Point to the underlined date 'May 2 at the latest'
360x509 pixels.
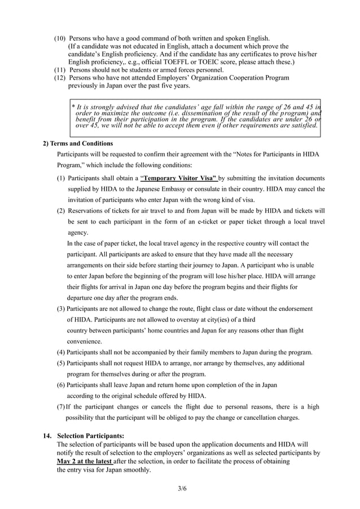[x=81, y=461]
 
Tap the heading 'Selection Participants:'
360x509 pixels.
[x=91, y=436]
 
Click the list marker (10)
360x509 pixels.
[x=60, y=38]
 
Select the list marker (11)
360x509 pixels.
[x=60, y=70]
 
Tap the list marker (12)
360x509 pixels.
[x=60, y=78]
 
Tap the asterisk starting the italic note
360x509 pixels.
[x=73, y=107]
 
